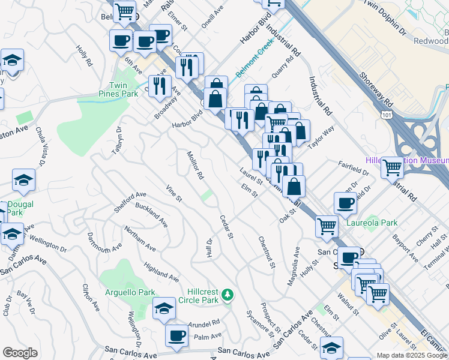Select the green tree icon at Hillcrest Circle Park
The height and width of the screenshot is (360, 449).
[x=227, y=295]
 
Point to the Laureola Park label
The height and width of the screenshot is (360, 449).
[x=372, y=223]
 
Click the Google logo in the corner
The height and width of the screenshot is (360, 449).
[x=20, y=353]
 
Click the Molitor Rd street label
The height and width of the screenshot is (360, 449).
[x=196, y=166]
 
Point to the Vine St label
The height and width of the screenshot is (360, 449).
[x=173, y=193]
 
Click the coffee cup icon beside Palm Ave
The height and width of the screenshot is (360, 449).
[x=176, y=336]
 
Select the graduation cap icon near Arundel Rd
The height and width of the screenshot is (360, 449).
[x=163, y=308]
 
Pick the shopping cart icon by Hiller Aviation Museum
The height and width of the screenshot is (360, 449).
[x=393, y=167]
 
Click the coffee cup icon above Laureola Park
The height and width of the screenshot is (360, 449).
[x=345, y=204]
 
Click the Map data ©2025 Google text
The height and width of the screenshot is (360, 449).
[x=412, y=355]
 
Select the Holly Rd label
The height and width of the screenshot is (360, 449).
[x=84, y=55]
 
